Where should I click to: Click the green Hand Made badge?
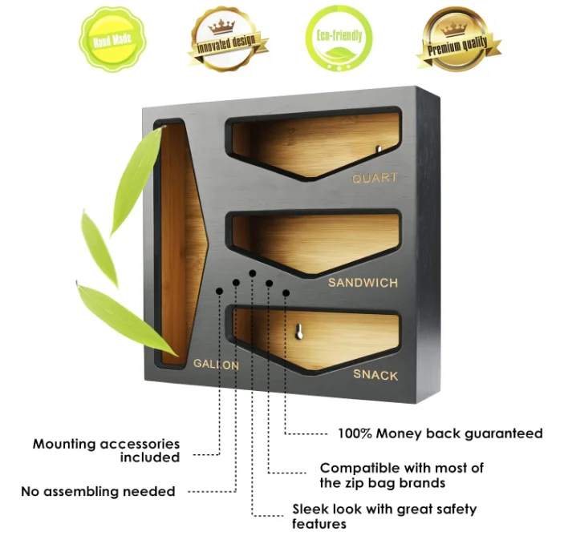(111, 37)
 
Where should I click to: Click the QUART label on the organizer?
(375, 178)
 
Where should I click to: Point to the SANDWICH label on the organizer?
(362, 283)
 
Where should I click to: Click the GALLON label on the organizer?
(216, 365)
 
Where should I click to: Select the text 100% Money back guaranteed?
(440, 433)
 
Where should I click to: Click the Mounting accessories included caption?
(107, 450)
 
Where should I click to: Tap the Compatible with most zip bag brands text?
(401, 475)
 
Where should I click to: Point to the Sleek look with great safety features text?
(384, 516)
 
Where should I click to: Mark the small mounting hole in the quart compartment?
(379, 148)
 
